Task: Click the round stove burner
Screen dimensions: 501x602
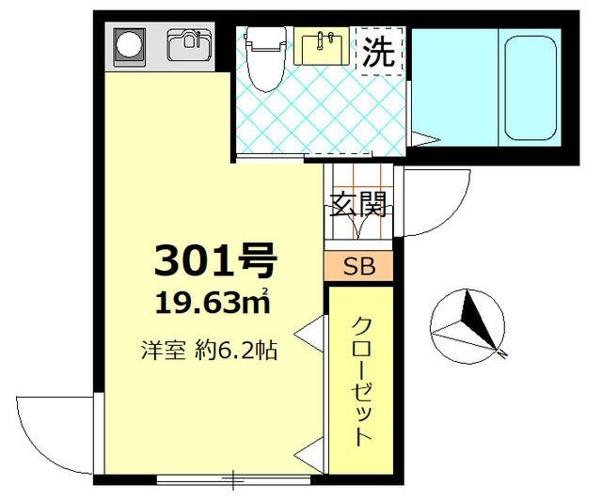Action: click(x=127, y=43)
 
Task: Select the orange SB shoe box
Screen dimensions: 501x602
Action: click(x=358, y=266)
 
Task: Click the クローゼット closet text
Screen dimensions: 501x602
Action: click(x=362, y=381)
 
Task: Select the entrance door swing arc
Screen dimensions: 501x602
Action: click(x=437, y=202)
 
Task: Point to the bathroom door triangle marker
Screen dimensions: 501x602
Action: click(x=423, y=141)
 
